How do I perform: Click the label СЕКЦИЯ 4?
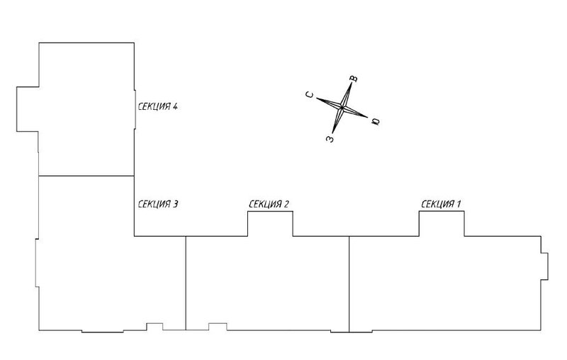157,106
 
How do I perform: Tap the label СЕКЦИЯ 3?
157,204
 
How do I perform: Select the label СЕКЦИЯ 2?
269,204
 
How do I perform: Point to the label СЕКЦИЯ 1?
441,204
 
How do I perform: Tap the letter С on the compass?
310,95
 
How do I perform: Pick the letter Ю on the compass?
376,121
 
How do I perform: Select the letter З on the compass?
330,138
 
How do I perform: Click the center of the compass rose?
342,108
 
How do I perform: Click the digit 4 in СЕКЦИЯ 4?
175,106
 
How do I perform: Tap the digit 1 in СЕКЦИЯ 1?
459,204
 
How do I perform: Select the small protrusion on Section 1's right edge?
544,266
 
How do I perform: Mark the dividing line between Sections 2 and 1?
349,284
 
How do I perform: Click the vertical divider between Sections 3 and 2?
186,283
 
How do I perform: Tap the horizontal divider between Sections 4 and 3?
86,176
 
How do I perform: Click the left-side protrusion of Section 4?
28,109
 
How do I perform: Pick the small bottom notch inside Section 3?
155,327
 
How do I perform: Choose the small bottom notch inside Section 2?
218,327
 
